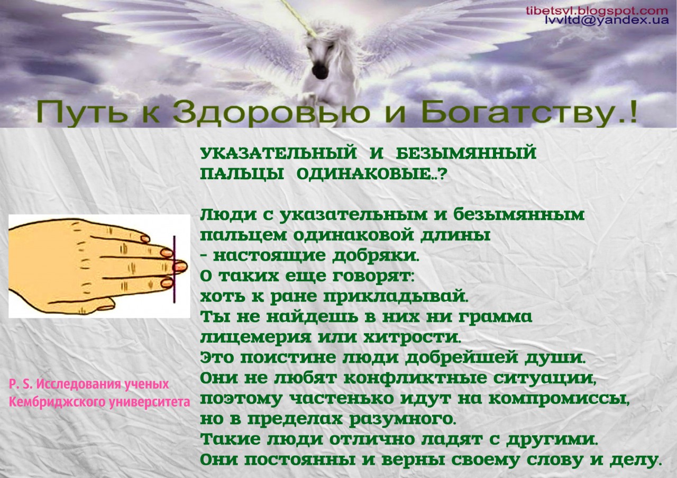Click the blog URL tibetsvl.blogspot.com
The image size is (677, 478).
(597, 11)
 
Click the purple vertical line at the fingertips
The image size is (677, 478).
(174, 269)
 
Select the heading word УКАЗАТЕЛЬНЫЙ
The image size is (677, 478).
(278, 153)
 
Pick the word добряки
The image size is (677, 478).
(376, 256)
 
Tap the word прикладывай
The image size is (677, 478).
(396, 297)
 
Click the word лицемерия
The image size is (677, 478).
(255, 337)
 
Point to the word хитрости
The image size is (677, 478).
(412, 337)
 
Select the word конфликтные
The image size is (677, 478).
(415, 378)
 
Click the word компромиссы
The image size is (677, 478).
(559, 399)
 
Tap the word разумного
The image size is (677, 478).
(401, 419)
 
